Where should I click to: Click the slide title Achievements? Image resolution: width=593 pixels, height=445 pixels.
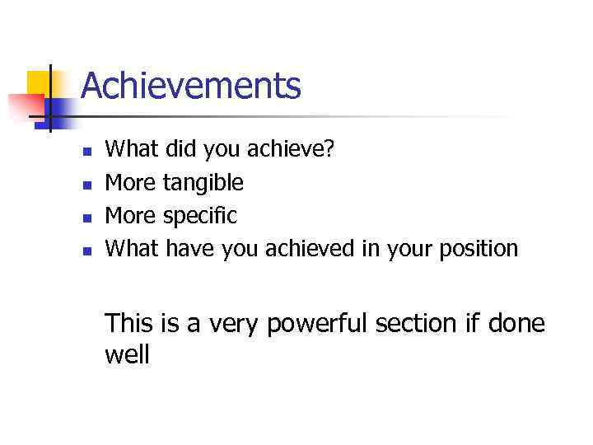click(x=191, y=86)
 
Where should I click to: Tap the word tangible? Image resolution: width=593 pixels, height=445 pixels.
click(x=203, y=181)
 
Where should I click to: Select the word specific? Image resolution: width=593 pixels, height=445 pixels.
click(x=200, y=216)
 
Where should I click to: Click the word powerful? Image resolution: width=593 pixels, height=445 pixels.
click(x=320, y=324)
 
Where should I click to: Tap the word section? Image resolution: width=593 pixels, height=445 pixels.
click(x=417, y=323)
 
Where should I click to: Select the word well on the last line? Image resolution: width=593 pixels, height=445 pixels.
click(x=128, y=355)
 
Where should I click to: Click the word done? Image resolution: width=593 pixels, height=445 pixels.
click(x=516, y=323)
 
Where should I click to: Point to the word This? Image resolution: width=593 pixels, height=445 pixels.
click(x=130, y=323)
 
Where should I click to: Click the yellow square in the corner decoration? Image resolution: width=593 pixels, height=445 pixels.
click(x=38, y=82)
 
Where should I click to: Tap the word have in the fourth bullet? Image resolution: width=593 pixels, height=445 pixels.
click(x=190, y=248)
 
